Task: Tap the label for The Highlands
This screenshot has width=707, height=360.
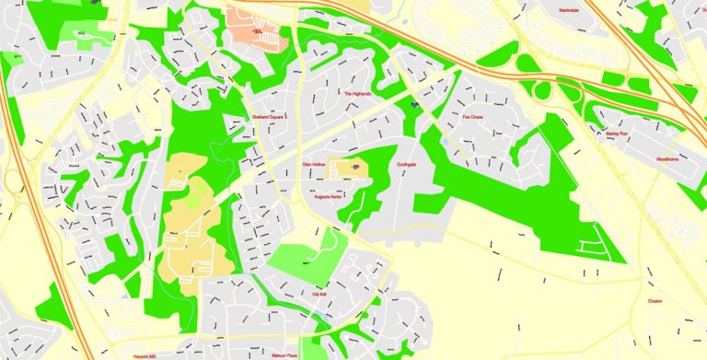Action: (x=357, y=94)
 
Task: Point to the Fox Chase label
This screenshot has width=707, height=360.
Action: (x=472, y=117)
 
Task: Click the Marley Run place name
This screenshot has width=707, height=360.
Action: (x=617, y=134)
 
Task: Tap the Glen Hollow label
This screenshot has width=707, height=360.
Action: (x=315, y=164)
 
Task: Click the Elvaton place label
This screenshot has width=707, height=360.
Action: (x=655, y=301)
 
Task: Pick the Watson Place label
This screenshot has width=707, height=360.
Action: (x=284, y=354)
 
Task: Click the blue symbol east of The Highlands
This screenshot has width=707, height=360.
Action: (x=414, y=105)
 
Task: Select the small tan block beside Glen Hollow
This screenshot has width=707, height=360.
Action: (x=351, y=168)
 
